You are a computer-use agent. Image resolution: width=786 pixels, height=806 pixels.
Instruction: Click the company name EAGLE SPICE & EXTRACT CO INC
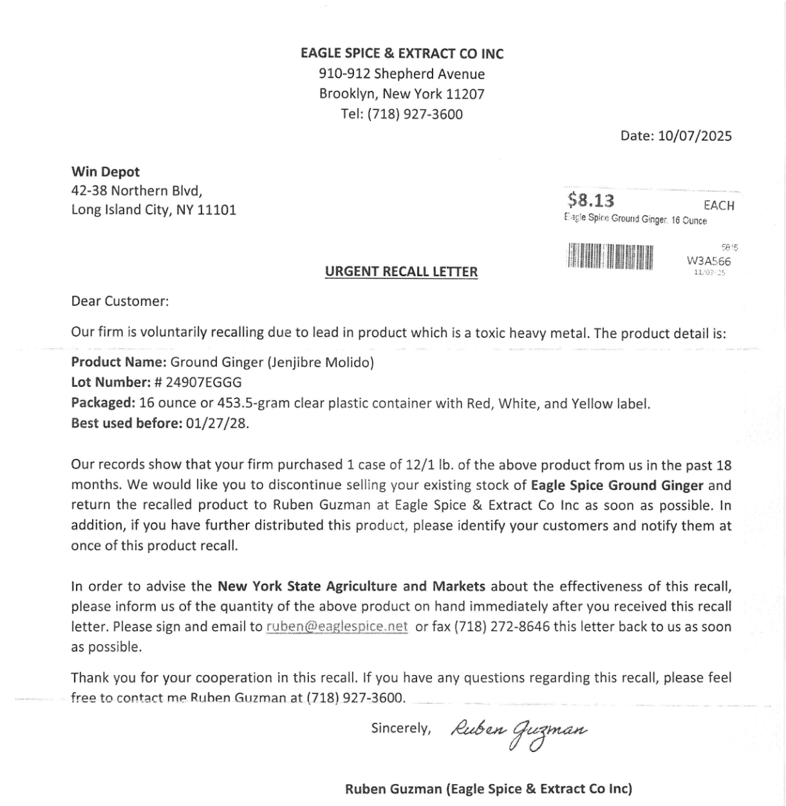tap(402, 53)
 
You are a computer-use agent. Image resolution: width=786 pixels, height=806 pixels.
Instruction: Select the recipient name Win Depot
tap(105, 172)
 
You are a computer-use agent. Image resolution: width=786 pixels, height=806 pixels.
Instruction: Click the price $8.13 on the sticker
tap(591, 200)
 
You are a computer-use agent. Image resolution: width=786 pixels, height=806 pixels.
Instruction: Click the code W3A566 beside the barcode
tap(709, 261)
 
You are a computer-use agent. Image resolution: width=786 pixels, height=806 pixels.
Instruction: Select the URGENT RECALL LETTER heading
tap(401, 272)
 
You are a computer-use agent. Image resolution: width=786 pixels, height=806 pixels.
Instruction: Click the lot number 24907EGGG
tap(203, 382)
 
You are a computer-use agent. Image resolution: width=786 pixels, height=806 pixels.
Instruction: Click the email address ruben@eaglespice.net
tap(337, 626)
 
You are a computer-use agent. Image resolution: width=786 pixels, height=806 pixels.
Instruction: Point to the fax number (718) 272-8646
tap(502, 626)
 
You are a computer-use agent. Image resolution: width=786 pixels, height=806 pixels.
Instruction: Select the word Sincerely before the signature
tap(400, 728)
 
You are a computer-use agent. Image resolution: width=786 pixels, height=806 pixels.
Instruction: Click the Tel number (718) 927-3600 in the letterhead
tap(415, 114)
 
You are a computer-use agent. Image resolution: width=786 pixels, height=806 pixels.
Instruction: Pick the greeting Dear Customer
tap(120, 301)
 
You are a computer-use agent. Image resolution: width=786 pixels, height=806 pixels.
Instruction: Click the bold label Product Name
tap(118, 362)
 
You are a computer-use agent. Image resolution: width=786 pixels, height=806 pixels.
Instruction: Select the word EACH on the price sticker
tap(718, 205)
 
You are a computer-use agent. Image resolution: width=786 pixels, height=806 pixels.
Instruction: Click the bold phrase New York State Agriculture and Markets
tap(351, 586)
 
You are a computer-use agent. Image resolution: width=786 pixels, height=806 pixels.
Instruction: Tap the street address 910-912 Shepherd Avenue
tap(402, 74)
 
